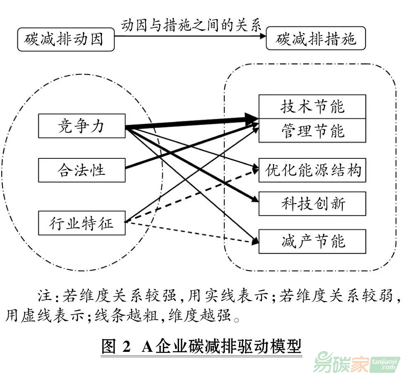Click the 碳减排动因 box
(66, 40)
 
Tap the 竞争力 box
(81, 126)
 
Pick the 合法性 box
(81, 170)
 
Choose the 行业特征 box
(81, 223)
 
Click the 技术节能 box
(312, 107)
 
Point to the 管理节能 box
(312, 131)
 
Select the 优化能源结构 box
(312, 170)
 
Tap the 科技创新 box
(312, 204)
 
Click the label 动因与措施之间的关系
(191, 26)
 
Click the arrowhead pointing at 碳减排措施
(262, 36)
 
